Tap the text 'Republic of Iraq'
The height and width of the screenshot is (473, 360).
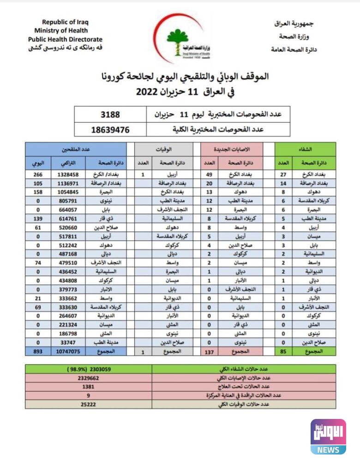pos(65,22)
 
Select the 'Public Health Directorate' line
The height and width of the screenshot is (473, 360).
pos(65,39)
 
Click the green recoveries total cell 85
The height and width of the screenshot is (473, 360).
pos(283,352)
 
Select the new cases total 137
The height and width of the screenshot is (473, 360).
pos(210,352)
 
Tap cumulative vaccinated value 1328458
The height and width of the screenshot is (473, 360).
pos(68,175)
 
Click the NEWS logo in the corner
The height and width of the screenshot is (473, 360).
pos(328,437)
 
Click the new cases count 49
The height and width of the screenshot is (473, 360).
pos(210,175)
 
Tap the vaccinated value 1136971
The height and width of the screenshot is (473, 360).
pos(68,183)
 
